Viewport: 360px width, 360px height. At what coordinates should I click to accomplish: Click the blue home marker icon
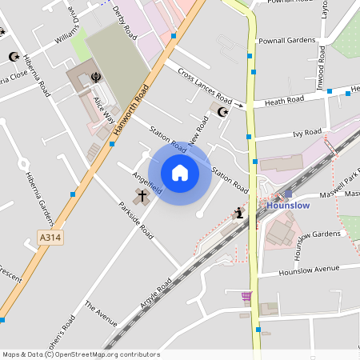tap(180, 173)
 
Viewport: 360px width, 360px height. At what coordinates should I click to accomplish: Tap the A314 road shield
tap(50, 238)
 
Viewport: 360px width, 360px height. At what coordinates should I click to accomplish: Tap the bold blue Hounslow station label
tap(287, 206)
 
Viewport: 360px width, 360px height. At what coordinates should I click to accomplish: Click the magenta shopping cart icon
tap(246, 296)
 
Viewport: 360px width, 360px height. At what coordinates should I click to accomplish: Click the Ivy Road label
tap(307, 133)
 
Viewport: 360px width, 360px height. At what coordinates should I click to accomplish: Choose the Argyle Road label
tap(154, 295)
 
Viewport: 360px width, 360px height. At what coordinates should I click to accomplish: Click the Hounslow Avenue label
tap(310, 270)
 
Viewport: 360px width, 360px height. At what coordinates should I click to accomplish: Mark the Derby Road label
tap(126, 21)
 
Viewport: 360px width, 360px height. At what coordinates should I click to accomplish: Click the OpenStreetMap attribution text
tap(80, 354)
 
